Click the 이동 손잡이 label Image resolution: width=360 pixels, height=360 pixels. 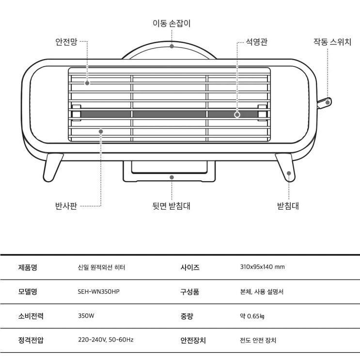click(x=172, y=23)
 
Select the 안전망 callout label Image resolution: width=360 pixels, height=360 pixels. click(x=66, y=42)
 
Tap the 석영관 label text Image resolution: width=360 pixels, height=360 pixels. click(x=256, y=42)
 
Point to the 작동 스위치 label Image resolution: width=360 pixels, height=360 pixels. click(x=332, y=42)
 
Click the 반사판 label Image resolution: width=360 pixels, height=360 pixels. click(x=66, y=206)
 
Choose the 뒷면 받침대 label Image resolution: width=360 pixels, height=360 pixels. click(x=171, y=206)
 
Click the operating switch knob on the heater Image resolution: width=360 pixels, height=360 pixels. click(x=324, y=103)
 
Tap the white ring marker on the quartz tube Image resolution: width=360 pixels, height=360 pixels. click(x=237, y=114)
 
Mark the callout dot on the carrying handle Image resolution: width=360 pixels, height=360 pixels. click(x=172, y=46)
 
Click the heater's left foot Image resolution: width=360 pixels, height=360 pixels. click(x=52, y=167)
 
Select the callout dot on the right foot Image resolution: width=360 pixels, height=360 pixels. click(x=289, y=173)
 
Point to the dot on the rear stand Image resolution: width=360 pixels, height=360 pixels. click(x=172, y=177)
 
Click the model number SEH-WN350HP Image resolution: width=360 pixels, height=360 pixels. click(x=98, y=292)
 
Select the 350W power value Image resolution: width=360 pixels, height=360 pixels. click(x=86, y=316)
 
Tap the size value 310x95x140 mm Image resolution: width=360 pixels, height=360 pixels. click(x=263, y=267)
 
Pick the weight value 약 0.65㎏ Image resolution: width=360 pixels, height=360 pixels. click(x=252, y=316)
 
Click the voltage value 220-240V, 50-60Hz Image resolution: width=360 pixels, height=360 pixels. click(x=106, y=340)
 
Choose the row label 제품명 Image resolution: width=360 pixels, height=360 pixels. click(x=28, y=267)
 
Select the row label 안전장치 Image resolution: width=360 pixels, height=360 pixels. click(x=193, y=340)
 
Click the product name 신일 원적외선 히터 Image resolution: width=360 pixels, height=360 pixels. click(x=101, y=267)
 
